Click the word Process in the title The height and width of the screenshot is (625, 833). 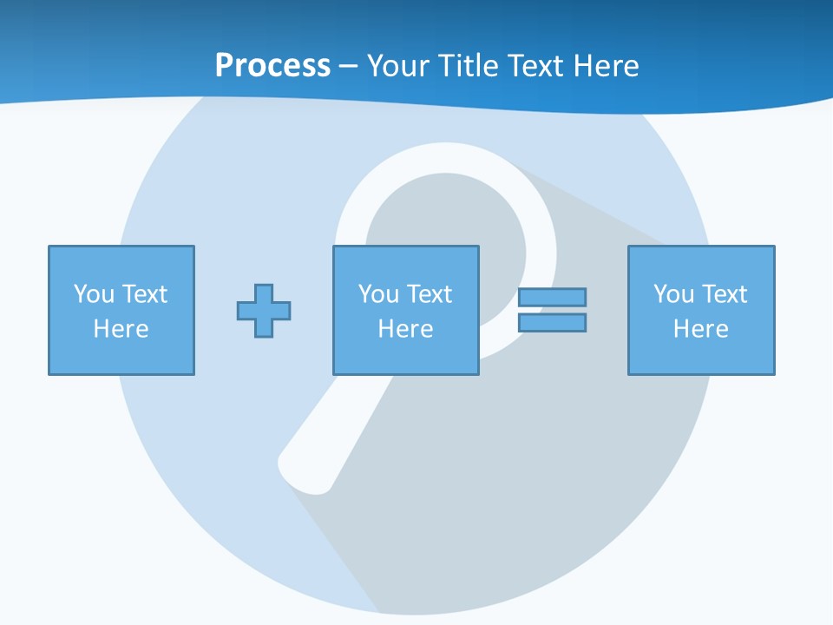272,66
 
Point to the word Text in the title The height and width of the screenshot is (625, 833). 536,66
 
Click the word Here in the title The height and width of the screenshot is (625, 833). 607,66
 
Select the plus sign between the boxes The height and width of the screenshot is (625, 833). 264,311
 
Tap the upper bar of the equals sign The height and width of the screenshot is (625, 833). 552,298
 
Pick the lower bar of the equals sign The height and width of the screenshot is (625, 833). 552,322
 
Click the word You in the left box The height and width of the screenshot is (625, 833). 94,294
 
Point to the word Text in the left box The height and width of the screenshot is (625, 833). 144,294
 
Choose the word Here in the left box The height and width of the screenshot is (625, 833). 121,329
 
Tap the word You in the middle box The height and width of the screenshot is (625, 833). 378,294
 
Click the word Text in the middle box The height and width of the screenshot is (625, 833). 429,294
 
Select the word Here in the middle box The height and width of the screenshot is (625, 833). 406,329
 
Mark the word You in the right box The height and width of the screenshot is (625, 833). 673,294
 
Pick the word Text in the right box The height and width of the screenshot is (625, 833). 724,294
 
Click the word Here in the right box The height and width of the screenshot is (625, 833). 701,329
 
